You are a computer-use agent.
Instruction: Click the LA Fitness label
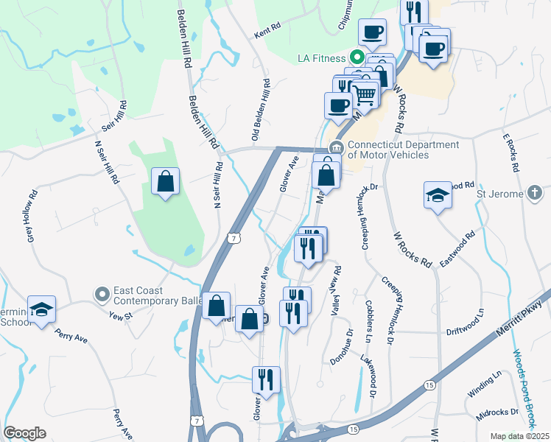(321, 58)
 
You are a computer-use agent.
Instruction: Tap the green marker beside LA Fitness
(357, 57)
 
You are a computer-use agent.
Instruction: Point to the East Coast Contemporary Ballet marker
(101, 295)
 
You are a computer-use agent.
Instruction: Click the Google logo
(24, 433)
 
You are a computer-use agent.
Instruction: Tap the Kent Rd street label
(267, 30)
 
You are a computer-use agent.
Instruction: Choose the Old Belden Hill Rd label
(259, 110)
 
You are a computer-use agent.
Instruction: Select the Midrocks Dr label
(493, 414)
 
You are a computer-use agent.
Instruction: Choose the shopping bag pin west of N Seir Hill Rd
(166, 180)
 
